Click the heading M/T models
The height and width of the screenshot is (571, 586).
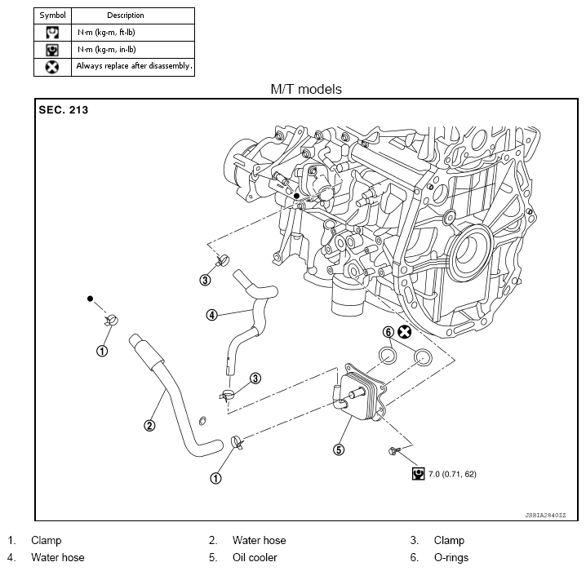coord(306,89)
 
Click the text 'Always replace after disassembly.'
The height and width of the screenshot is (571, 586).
coord(134,66)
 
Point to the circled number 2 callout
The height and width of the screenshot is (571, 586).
coord(149,424)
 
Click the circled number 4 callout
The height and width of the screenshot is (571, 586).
coord(211,314)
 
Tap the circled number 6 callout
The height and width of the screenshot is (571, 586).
coord(388,332)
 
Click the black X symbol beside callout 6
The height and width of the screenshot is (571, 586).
coord(404,332)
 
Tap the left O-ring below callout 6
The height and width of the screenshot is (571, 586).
coord(389,356)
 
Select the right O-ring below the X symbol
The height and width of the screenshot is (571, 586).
coord(423,356)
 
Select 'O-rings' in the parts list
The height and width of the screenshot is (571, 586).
coord(451,558)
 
